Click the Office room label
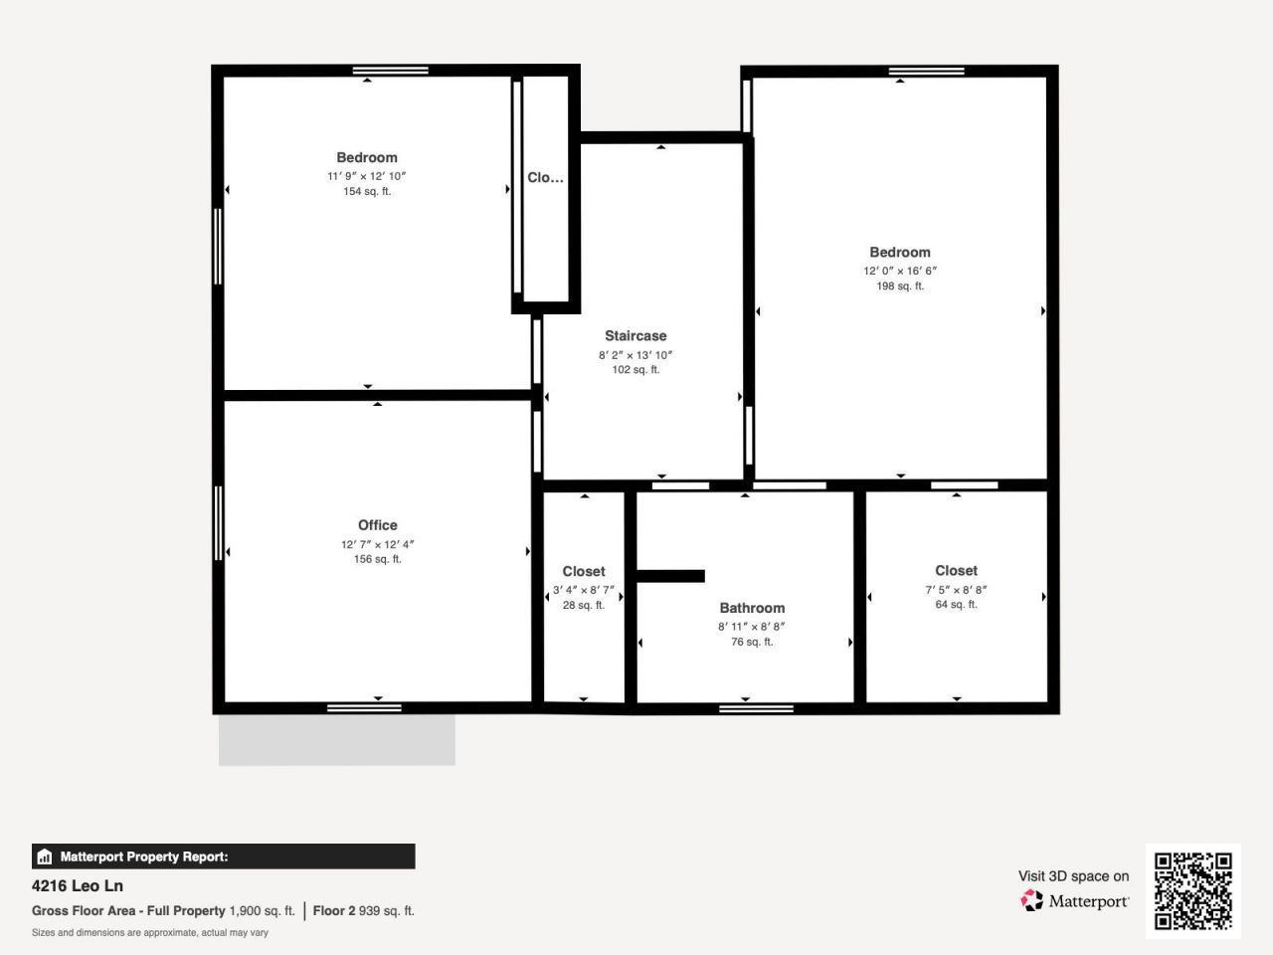[377, 525]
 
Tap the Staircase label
[636, 336]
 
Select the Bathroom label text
[752, 608]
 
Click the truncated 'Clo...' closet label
[545, 178]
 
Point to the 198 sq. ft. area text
[899, 286]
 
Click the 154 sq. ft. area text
[367, 192]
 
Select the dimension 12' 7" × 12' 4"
[377, 544]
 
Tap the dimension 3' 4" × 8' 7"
[583, 590]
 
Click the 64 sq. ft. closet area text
[956, 605]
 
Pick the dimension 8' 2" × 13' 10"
[636, 355]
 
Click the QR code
[1192, 890]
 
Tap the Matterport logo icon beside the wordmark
[1031, 901]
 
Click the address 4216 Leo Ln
[78, 885]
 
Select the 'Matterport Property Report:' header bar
[223, 857]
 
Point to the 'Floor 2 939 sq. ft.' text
[363, 910]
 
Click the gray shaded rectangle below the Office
[336, 740]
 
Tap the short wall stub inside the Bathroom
[670, 576]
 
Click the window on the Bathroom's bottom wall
[756, 708]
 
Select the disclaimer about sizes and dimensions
[150, 933]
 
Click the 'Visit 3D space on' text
[1073, 876]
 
